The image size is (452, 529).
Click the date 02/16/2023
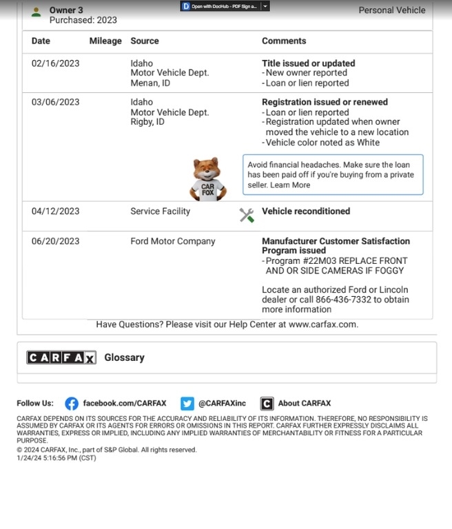[x=55, y=63]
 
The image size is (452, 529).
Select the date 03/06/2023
[x=55, y=102]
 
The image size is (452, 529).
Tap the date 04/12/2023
[x=55, y=211]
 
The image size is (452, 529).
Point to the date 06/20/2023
[x=55, y=241]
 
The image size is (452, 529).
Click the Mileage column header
[x=105, y=41]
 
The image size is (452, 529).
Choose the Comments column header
[x=284, y=41]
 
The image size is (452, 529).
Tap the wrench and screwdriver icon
[x=247, y=215]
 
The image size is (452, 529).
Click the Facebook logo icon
[x=71, y=404]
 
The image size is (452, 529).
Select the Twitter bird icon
[x=187, y=404]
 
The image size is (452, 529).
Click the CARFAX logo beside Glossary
[x=61, y=357]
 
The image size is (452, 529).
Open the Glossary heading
[x=124, y=357]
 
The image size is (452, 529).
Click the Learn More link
[x=290, y=185]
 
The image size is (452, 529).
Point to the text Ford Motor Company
[x=173, y=241]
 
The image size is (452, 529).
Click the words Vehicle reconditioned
[x=306, y=211]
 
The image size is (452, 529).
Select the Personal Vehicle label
[x=392, y=10]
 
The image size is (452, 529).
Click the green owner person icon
[x=36, y=11]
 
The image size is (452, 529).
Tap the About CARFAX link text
[x=305, y=404]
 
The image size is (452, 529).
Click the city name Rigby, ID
[x=147, y=122]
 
